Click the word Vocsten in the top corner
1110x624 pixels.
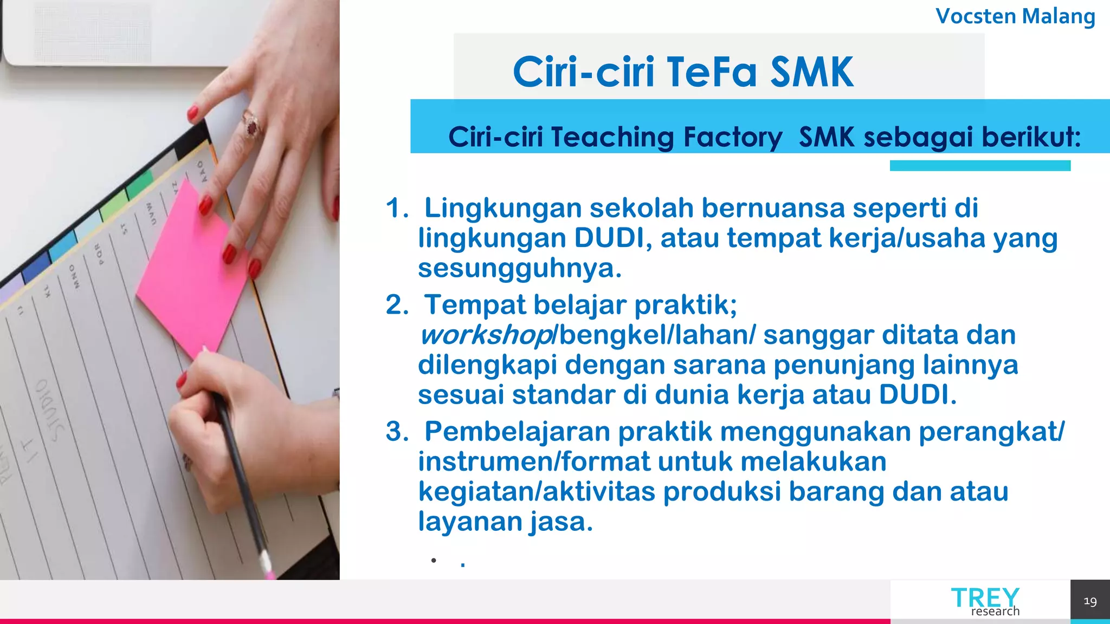point(976,16)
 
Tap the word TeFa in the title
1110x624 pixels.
point(711,72)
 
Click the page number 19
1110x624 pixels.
point(1090,601)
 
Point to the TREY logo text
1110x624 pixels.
point(985,597)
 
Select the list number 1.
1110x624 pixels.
point(397,208)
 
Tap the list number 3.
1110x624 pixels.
point(397,432)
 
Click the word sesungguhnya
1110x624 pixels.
point(519,268)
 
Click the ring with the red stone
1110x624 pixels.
point(251,124)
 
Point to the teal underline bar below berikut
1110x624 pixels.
point(980,166)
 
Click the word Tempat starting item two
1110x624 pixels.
point(475,305)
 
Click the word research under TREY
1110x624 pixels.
point(995,612)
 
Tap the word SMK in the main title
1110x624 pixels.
point(811,72)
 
